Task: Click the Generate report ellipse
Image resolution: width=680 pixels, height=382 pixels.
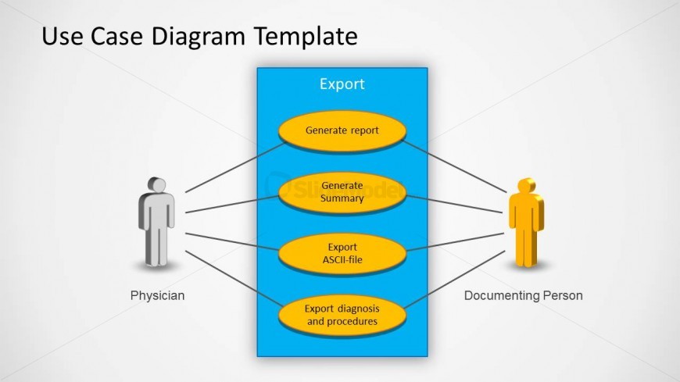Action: point(342,130)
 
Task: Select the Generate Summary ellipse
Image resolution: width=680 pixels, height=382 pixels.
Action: point(342,192)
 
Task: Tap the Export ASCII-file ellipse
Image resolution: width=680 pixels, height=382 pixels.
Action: point(342,254)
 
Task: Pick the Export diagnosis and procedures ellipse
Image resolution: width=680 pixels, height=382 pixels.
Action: point(342,315)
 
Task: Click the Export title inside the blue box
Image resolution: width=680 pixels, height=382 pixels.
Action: point(342,84)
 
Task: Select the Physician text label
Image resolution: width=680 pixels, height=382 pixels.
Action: point(157,296)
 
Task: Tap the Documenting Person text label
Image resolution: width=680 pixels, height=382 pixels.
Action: point(524,296)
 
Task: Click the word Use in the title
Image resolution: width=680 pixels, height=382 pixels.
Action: point(58,36)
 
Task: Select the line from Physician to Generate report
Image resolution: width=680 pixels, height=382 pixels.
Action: point(234,168)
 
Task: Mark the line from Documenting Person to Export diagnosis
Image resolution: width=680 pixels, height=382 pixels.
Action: point(453,279)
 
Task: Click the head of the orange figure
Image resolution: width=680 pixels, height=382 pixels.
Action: point(525,185)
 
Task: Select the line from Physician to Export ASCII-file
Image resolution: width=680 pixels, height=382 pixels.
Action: point(232,241)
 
